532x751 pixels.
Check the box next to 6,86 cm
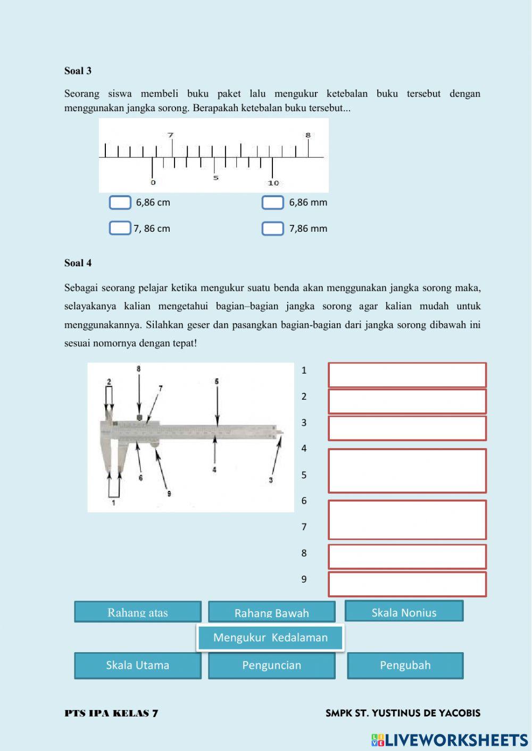[x=120, y=202]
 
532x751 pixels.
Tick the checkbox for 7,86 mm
[x=272, y=229]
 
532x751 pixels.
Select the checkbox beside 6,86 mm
[x=272, y=202]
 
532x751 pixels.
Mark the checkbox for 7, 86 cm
[x=120, y=228]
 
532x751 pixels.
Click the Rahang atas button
[x=138, y=612]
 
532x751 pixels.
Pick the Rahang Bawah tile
[x=272, y=612]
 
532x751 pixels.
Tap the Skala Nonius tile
[x=404, y=611]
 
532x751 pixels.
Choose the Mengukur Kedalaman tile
[x=270, y=637]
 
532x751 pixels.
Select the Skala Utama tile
[x=138, y=665]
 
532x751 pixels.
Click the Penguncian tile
[x=272, y=665]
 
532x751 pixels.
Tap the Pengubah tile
[x=405, y=665]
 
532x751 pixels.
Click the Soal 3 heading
[x=78, y=71]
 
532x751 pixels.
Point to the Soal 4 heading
[x=78, y=263]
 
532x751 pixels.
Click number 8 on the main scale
[x=307, y=136]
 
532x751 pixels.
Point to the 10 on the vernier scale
[x=273, y=183]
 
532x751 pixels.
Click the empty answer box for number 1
[x=407, y=375]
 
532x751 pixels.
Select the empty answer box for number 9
[x=407, y=584]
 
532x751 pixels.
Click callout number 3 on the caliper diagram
[x=271, y=480]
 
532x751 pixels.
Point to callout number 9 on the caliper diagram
[x=169, y=494]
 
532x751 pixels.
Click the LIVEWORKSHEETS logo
[x=450, y=740]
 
